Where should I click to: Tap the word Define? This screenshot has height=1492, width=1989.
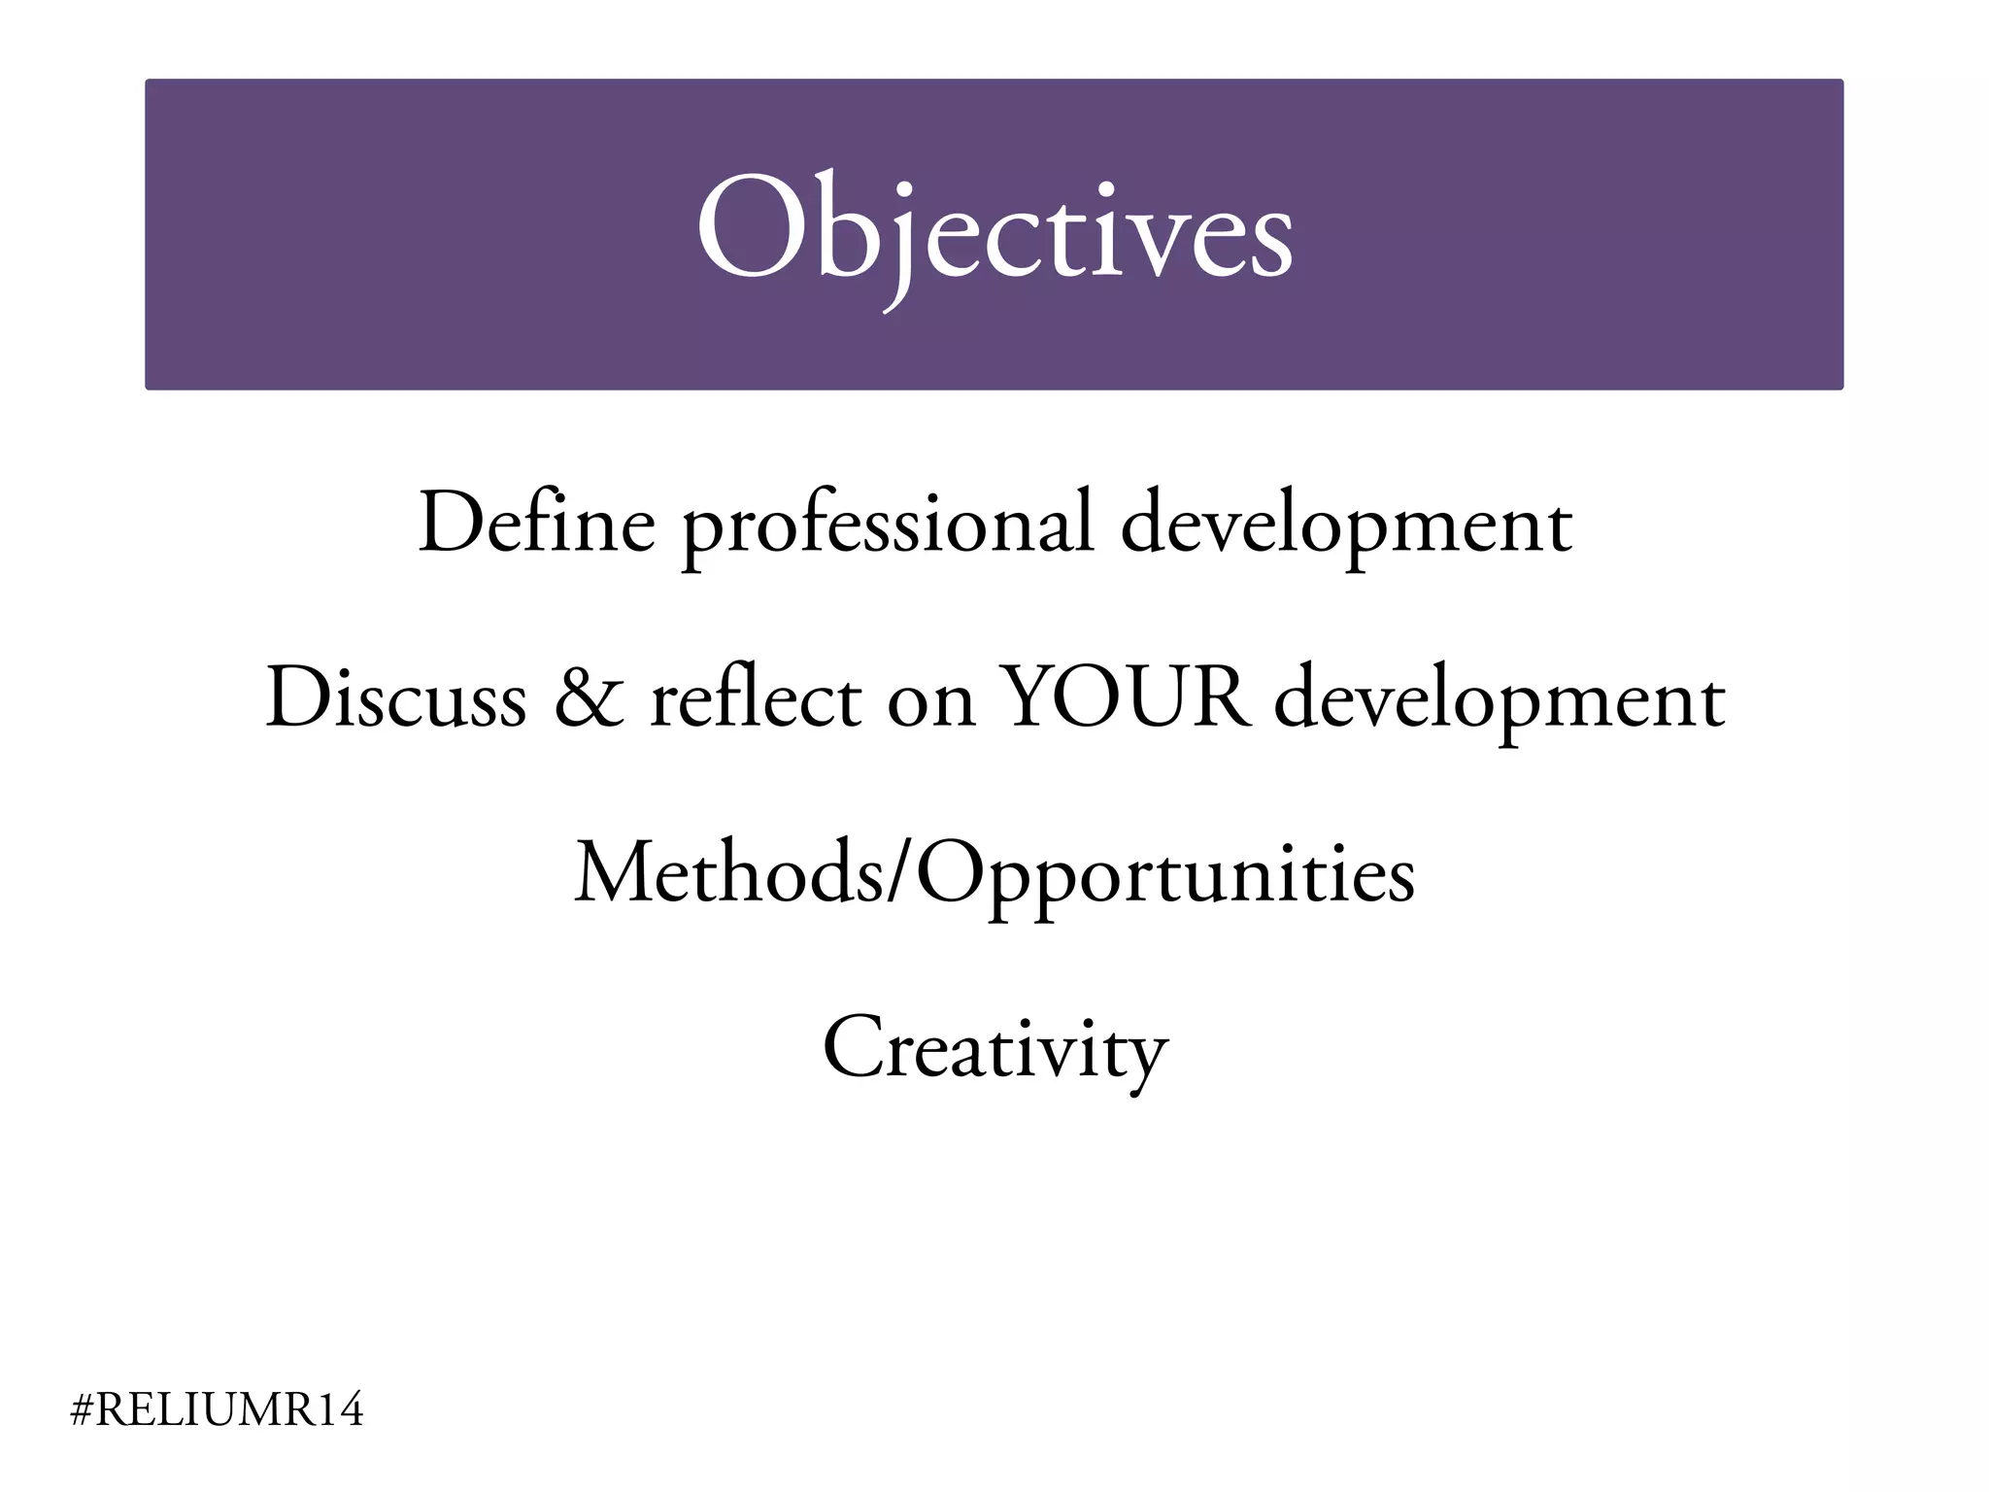click(x=536, y=525)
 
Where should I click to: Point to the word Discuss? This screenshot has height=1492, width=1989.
click(x=395, y=698)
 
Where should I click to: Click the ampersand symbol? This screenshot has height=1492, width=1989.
click(x=590, y=698)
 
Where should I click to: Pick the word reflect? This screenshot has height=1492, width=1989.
click(x=756, y=698)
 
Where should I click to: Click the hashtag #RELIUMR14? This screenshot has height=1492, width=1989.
click(x=218, y=1409)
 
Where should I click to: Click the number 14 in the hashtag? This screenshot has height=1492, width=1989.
click(x=339, y=1409)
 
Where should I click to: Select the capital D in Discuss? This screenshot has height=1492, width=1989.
click(x=295, y=696)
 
